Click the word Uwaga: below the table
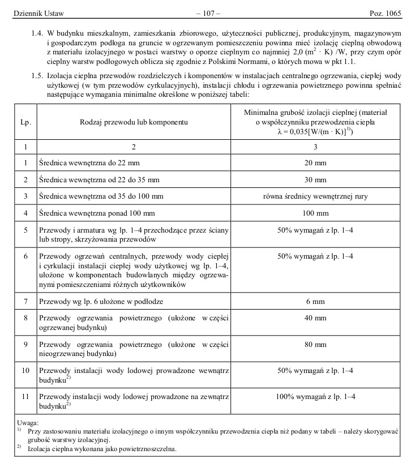tap(27, 422)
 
